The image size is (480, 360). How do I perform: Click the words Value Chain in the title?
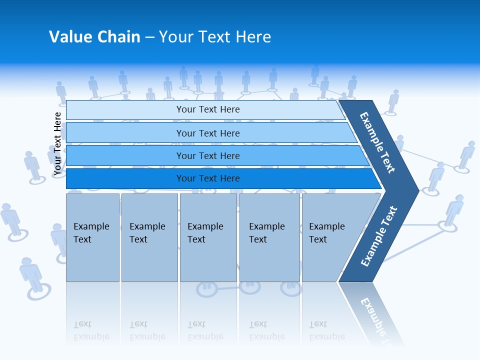coord(94,37)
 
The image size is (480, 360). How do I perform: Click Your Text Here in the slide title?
coord(215,37)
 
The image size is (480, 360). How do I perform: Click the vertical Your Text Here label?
coord(57,143)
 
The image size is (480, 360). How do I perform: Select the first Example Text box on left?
coord(92,237)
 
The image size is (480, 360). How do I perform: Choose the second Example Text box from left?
coord(149,237)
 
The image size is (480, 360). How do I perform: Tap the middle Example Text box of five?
coord(208,237)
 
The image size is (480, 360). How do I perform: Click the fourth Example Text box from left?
coord(269,237)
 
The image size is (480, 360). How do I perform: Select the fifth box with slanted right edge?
coord(330,237)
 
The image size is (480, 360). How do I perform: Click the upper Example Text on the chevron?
coord(377,142)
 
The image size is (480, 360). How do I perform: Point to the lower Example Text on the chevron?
coord(379,236)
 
